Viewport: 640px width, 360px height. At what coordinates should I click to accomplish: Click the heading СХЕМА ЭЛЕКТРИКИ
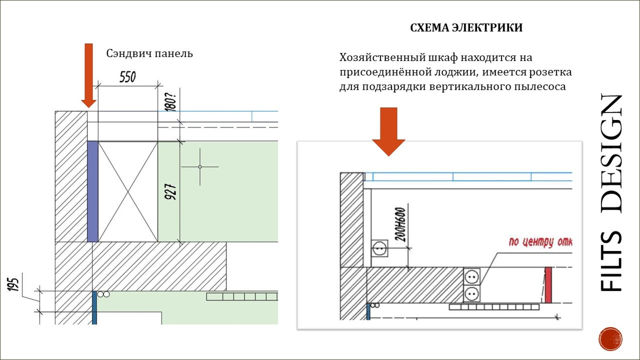(x=466, y=28)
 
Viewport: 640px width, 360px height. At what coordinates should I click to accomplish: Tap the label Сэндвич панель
(x=149, y=54)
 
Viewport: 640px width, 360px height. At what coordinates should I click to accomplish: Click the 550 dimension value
(x=128, y=77)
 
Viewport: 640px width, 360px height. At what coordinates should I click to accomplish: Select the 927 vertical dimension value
(x=170, y=192)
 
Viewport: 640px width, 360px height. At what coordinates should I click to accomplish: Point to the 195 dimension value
(x=13, y=284)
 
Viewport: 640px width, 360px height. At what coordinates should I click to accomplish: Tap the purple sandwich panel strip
(x=93, y=191)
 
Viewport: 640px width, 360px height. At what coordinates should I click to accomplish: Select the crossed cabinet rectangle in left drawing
(x=128, y=191)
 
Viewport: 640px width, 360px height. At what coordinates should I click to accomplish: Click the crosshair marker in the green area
(x=200, y=167)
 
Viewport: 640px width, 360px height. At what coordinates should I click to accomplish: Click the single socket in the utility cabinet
(x=379, y=248)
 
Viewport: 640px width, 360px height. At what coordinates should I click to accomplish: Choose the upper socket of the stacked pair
(x=472, y=277)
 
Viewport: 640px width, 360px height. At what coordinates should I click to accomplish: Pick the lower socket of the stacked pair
(x=472, y=294)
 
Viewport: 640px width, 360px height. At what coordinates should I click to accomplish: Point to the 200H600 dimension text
(x=400, y=225)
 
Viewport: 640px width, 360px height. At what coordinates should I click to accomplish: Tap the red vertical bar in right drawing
(x=548, y=285)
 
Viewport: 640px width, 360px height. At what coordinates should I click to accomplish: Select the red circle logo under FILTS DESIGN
(x=610, y=339)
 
